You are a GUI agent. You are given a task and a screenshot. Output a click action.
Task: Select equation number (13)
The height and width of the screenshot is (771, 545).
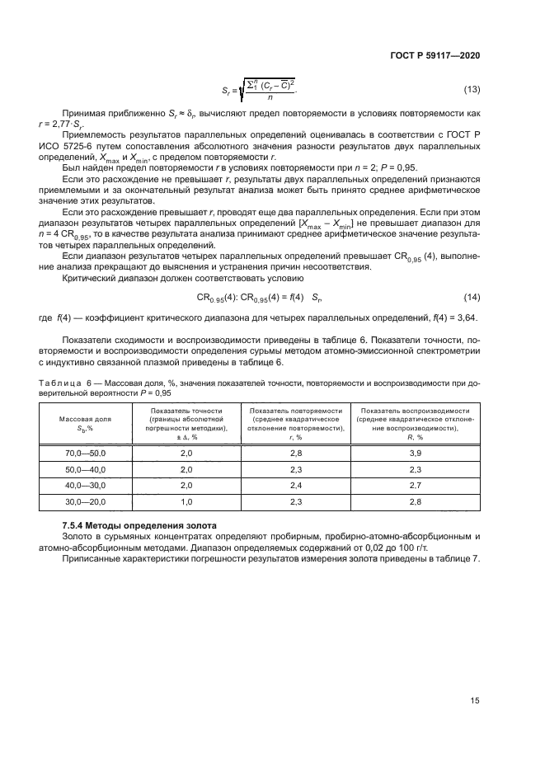click(472, 89)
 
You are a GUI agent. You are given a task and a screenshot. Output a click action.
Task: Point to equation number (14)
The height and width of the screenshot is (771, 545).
click(472, 296)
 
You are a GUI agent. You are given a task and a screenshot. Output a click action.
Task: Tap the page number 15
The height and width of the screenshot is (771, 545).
click(474, 701)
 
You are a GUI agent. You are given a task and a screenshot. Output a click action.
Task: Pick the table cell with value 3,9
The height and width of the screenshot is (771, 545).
click(415, 454)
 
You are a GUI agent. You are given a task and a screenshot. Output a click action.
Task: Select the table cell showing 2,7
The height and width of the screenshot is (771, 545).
click(415, 485)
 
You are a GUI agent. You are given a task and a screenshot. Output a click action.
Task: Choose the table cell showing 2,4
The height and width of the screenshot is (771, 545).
click(295, 485)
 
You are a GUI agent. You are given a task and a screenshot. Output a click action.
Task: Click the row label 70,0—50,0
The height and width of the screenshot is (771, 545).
click(87, 454)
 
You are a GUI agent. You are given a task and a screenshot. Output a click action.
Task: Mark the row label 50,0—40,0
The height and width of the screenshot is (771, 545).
click(87, 469)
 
